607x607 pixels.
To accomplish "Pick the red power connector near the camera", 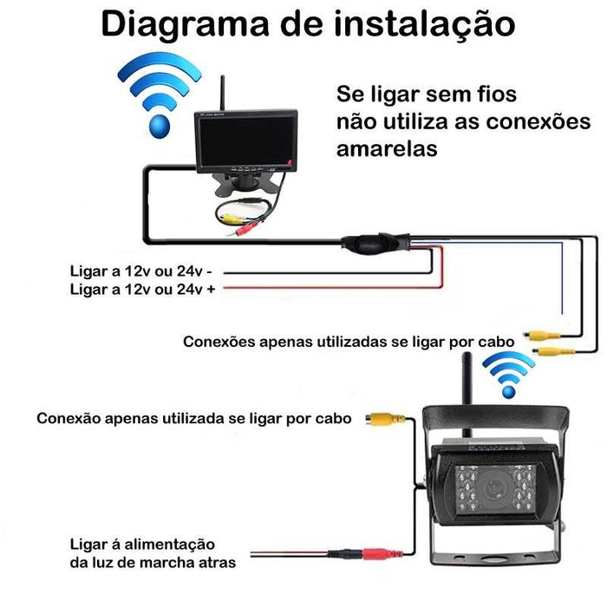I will [380, 552].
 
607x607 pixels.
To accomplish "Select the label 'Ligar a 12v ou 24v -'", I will [142, 271].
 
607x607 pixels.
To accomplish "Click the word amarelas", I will [386, 148].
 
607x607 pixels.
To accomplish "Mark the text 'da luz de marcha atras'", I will [152, 563].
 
